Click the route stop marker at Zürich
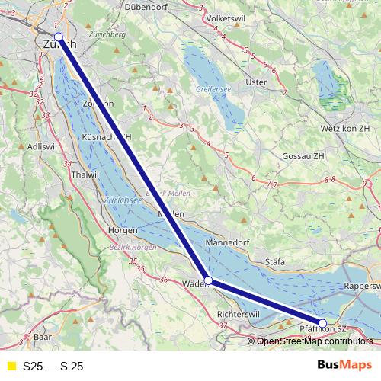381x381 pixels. [59, 37]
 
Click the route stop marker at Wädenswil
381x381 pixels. [208, 280]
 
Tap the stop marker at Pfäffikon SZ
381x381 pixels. [322, 324]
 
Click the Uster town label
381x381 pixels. [256, 82]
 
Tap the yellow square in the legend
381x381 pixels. [10, 367]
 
